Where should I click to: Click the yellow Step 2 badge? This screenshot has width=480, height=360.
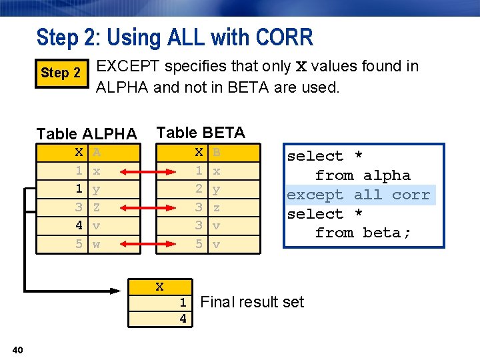(x=61, y=73)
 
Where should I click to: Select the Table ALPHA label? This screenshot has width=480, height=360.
(x=87, y=133)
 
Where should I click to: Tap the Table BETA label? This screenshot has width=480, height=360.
(x=201, y=132)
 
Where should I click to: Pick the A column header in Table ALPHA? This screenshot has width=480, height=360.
(x=97, y=153)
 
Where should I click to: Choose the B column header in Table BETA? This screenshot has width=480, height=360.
(x=216, y=153)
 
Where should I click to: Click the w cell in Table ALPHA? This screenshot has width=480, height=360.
(x=97, y=244)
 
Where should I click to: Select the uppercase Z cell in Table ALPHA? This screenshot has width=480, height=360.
(x=97, y=207)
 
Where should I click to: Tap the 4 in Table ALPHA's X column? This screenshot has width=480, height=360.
(x=79, y=226)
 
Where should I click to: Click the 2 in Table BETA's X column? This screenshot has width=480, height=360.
(x=199, y=189)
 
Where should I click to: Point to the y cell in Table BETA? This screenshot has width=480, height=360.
(x=216, y=189)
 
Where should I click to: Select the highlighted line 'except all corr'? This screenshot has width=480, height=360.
(x=359, y=195)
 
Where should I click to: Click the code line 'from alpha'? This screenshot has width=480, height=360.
(x=363, y=175)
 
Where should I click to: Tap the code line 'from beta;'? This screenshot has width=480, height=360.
(x=363, y=233)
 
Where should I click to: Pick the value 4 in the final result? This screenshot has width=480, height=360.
(x=183, y=319)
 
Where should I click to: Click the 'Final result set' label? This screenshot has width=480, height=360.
(x=252, y=302)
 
